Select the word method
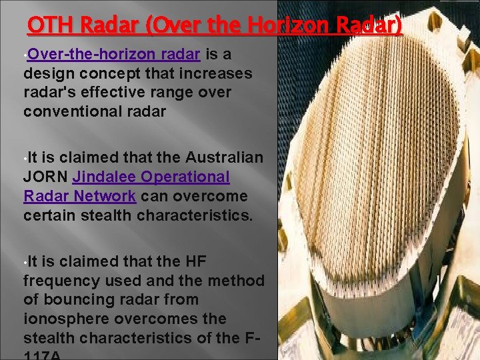(x=237, y=281)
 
